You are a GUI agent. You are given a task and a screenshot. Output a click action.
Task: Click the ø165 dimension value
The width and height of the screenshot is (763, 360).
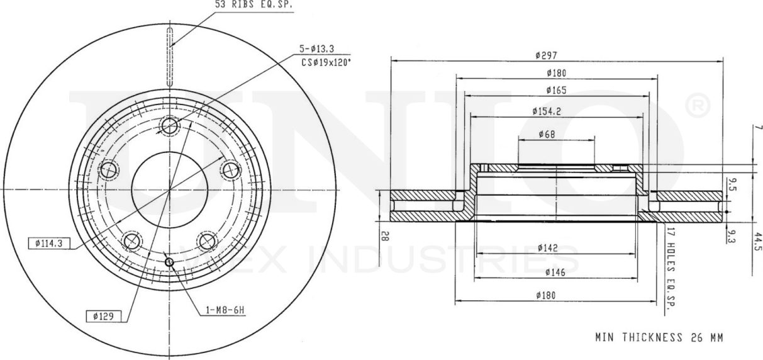click(556, 90)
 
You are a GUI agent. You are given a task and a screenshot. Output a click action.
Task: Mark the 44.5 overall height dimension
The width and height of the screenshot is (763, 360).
click(757, 240)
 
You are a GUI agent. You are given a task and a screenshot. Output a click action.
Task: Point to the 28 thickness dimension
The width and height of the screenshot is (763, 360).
click(385, 237)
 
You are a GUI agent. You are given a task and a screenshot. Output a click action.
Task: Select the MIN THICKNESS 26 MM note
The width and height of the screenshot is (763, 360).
click(659, 338)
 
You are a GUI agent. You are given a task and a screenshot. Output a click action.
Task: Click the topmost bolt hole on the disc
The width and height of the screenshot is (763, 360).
click(170, 127)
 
